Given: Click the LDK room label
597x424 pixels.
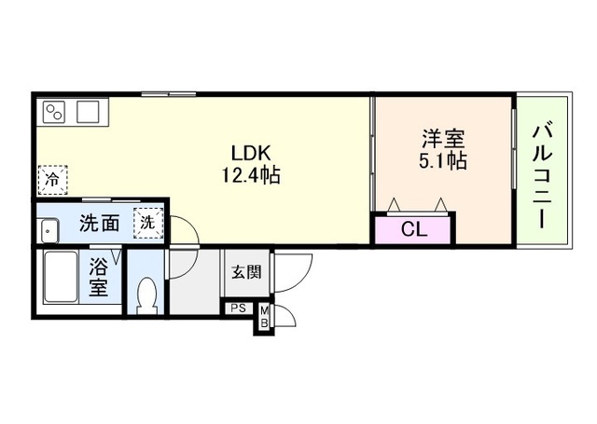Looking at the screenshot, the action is coord(251,153).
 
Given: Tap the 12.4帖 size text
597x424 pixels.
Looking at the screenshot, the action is coord(251,176).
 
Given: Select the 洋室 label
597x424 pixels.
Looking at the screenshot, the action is coord(444,139).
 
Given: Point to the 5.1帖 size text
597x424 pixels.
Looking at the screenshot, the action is coord(443,160).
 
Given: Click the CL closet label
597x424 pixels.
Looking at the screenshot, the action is coord(414,229).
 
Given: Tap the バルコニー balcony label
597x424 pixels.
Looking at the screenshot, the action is coord(542,176).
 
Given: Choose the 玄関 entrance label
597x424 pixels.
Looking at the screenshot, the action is coord(246,272).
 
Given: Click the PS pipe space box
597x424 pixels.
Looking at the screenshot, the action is coord(239,308).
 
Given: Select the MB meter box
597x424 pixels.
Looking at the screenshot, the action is coord(264,317).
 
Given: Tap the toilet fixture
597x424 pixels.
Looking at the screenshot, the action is coord(146,295).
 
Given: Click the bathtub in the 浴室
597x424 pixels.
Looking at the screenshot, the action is coord(60,277).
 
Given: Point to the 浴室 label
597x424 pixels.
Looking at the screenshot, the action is coord(98,277).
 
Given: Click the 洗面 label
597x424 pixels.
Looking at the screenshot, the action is coord(100,224).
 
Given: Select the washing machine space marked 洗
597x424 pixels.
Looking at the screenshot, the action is coord(148,224).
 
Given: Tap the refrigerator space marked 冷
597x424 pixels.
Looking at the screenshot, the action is coord(52,180).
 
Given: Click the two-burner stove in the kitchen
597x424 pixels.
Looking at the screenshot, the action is coord(54,112).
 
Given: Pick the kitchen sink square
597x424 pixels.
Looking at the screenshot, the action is coord(88,112).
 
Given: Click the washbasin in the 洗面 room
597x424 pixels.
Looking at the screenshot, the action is coord(49,231).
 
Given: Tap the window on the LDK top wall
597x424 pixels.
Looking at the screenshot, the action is coord(169,94).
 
